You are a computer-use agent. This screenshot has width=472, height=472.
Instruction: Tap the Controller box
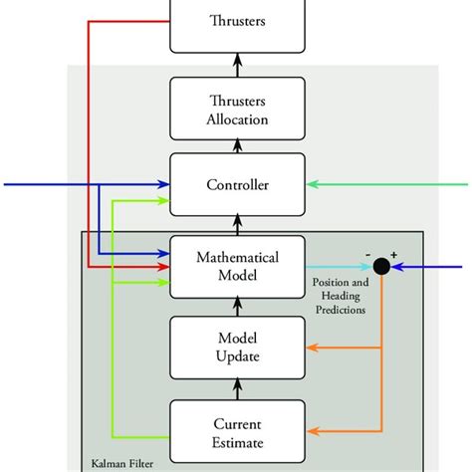click(237, 185)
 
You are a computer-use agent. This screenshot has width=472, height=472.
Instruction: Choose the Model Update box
click(237, 348)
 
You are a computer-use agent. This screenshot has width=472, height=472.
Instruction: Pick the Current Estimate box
click(237, 429)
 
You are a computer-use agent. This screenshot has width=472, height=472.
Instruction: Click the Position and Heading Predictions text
click(340, 295)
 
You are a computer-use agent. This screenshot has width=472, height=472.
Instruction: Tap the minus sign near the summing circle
click(367, 255)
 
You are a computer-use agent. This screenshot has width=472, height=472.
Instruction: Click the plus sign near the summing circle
click(393, 255)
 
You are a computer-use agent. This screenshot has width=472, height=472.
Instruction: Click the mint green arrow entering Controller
click(388, 184)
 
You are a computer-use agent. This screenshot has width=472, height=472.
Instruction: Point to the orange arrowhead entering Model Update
click(311, 348)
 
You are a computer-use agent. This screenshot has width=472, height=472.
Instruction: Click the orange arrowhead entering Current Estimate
click(311, 429)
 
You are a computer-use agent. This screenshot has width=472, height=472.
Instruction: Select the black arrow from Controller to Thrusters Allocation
click(237, 146)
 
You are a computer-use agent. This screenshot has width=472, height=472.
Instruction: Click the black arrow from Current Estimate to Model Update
click(237, 388)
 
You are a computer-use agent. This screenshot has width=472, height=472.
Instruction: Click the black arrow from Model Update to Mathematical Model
click(237, 307)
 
